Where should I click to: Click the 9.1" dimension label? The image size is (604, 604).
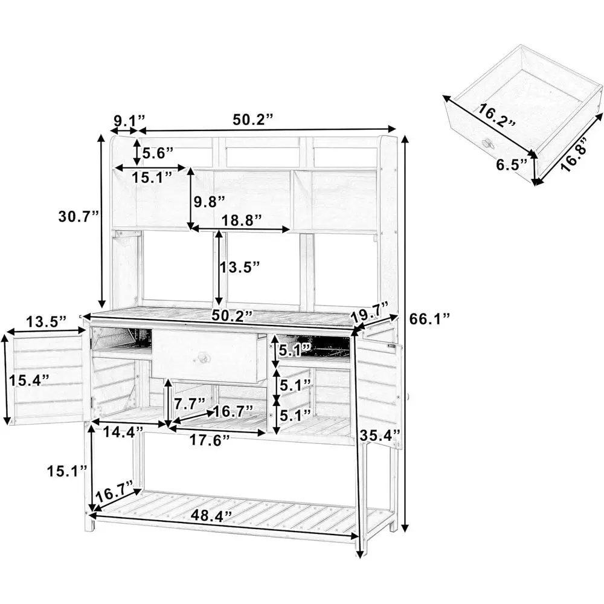(x=127, y=120)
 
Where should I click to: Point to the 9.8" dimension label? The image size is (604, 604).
(x=210, y=201)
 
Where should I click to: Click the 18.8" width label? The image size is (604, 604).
(x=241, y=220)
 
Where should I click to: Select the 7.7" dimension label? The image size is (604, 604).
(x=189, y=401)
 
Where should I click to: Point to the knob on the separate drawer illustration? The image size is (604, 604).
(x=486, y=143)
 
